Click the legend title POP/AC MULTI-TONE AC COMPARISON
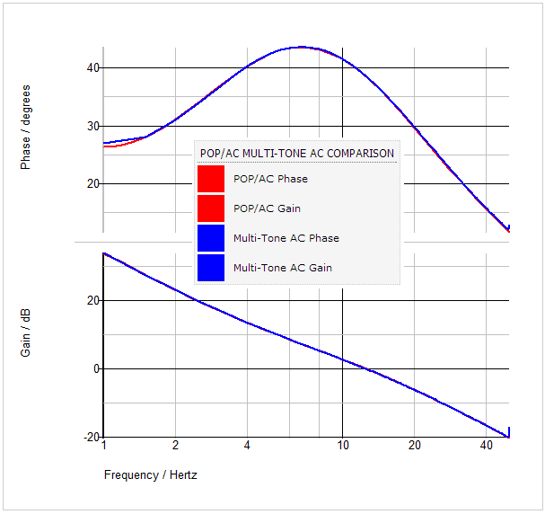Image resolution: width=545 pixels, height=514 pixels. click(x=296, y=154)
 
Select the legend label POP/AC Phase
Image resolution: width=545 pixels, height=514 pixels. click(x=270, y=179)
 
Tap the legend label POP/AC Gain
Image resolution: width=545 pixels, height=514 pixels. click(x=267, y=208)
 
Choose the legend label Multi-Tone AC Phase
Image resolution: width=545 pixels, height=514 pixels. click(x=286, y=238)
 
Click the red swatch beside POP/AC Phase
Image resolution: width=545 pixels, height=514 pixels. click(x=211, y=179)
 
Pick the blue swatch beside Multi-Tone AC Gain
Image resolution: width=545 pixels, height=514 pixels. click(x=211, y=268)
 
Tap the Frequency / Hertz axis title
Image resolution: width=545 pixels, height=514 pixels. click(x=150, y=474)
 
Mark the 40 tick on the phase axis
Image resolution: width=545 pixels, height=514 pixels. click(x=93, y=68)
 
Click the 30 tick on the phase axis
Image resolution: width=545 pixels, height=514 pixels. click(x=93, y=126)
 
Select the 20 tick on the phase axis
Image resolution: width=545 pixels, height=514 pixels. click(x=93, y=183)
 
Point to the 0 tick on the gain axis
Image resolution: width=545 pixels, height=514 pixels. click(x=96, y=368)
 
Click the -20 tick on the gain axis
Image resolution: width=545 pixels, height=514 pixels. click(x=91, y=438)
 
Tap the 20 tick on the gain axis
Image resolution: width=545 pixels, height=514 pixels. click(x=93, y=300)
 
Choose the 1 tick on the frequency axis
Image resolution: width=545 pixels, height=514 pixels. click(x=104, y=446)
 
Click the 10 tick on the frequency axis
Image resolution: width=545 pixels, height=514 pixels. click(x=342, y=446)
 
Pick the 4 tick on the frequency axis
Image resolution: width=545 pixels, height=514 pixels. click(x=247, y=446)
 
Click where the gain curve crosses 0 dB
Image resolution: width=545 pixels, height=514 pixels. click(x=364, y=368)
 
